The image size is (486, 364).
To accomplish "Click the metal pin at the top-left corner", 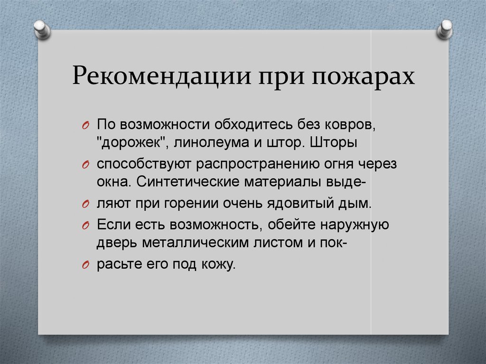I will pos(42,29).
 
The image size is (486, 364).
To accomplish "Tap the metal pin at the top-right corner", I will pos(445,29).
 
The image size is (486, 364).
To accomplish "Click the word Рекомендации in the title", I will pos(161,76).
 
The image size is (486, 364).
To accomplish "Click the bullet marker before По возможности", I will pos(84,125).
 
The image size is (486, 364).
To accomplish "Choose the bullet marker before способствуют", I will pos(84,165).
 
